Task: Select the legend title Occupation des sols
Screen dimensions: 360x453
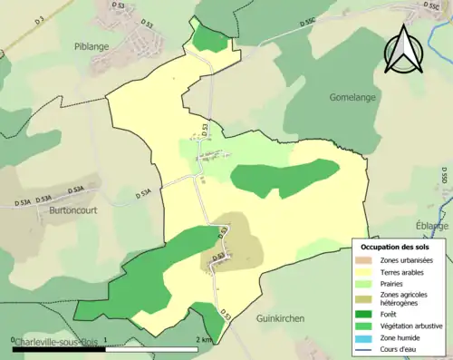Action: [x=395, y=247]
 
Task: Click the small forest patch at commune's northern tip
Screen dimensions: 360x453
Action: [x=209, y=38]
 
